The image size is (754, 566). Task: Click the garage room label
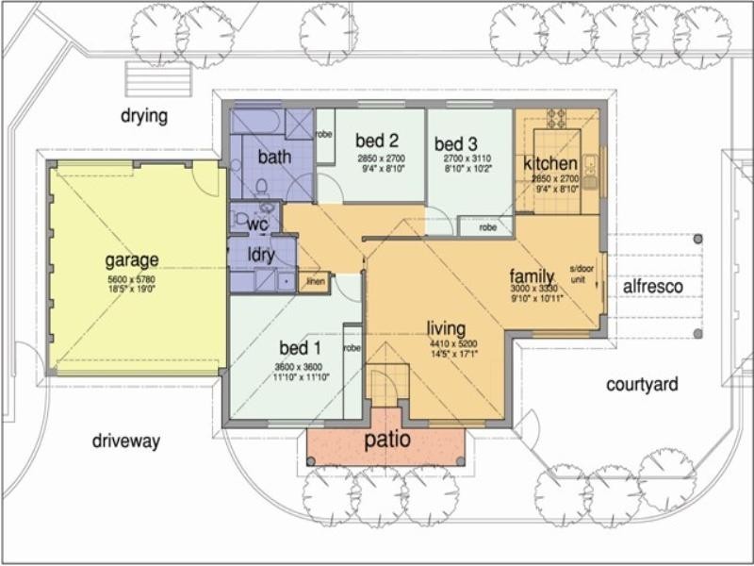131,259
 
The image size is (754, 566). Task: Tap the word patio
387,440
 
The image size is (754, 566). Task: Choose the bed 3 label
457,144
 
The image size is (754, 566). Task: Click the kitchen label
550,164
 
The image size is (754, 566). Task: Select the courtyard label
642,384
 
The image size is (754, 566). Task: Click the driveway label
126,441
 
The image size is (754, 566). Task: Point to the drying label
143,117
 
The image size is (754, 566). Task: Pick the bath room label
274,157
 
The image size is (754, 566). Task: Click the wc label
258,225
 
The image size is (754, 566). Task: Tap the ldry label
261,255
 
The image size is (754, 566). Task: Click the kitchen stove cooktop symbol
556,118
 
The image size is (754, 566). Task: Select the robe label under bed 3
487,227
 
